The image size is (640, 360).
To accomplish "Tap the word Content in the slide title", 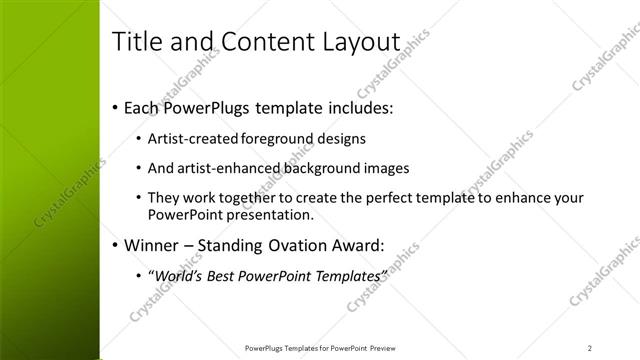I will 257,42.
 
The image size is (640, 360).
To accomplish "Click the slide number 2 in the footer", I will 590,348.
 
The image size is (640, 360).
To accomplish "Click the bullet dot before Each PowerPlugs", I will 115,106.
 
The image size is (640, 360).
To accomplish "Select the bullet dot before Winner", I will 115,243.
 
